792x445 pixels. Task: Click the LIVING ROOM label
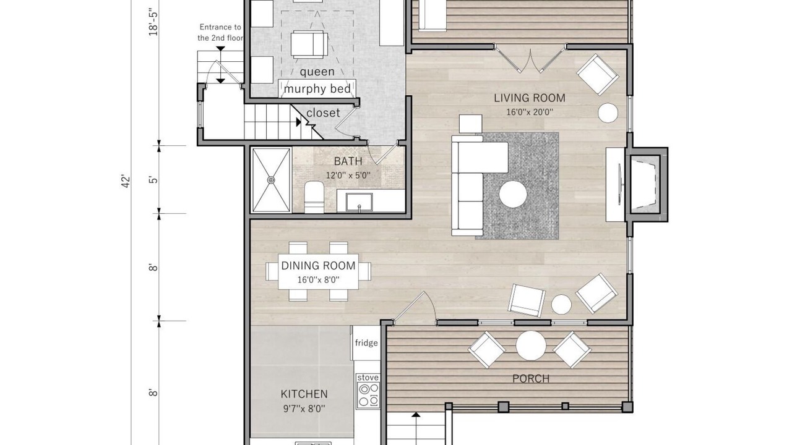click(x=529, y=98)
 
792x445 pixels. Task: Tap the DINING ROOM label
click(x=318, y=266)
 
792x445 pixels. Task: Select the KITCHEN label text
click(x=304, y=394)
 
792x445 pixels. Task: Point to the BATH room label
click(x=348, y=161)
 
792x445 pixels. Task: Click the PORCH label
click(x=531, y=379)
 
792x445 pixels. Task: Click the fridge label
click(x=366, y=342)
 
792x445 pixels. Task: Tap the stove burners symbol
click(x=368, y=395)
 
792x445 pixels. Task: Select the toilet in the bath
click(x=314, y=197)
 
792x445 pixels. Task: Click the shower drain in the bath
click(x=271, y=180)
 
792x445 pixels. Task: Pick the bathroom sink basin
click(x=359, y=202)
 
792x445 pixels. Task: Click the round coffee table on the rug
click(x=513, y=194)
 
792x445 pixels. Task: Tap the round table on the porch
click(x=531, y=345)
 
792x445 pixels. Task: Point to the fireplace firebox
click(x=645, y=185)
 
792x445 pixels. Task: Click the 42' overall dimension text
click(x=126, y=182)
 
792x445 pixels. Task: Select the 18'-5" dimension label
click(x=153, y=24)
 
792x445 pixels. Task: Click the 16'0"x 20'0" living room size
click(x=530, y=112)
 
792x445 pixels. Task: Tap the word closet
click(x=323, y=112)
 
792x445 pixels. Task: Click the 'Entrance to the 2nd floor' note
click(x=220, y=33)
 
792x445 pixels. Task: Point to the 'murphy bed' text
click(x=317, y=89)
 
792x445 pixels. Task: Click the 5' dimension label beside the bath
click(x=153, y=180)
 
